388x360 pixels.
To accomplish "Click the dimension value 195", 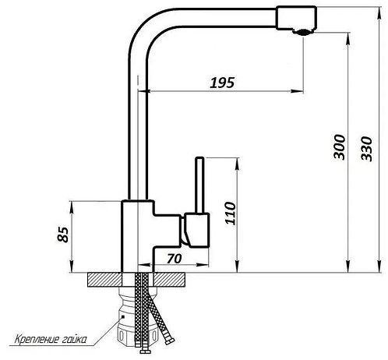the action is tap(222, 83).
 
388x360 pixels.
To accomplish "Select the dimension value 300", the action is tap(340, 146).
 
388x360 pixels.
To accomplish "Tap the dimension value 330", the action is tap(366, 149).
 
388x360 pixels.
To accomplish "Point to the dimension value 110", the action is tap(230, 213).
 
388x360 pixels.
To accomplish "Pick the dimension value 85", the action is tap(63, 235).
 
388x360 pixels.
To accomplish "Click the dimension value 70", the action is tap(175, 259).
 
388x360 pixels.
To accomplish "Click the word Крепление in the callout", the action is tap(37, 339).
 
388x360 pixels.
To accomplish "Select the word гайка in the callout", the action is tap(75, 340).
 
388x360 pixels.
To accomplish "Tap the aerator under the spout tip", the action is tap(302, 32).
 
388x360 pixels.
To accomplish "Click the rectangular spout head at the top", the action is tap(296, 17).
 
